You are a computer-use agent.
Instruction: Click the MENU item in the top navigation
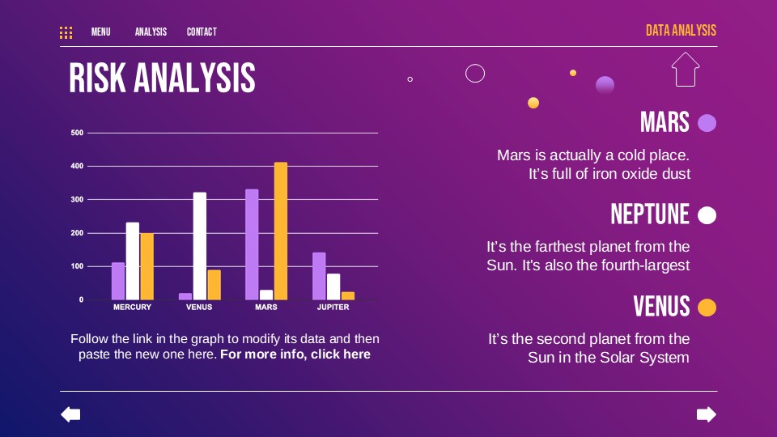[100, 32]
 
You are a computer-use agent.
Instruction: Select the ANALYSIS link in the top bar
[151, 32]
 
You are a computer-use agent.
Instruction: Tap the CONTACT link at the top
[202, 32]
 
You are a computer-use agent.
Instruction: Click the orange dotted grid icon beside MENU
[66, 32]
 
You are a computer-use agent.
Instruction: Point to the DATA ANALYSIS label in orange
[681, 31]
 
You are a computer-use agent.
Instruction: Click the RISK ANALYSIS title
[162, 78]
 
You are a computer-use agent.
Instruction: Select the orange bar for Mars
[281, 231]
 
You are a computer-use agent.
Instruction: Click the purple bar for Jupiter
[319, 276]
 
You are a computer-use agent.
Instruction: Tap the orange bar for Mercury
[146, 266]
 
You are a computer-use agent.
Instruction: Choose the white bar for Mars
[266, 295]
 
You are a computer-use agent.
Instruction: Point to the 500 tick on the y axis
[77, 133]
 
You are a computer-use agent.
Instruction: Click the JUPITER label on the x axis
[333, 308]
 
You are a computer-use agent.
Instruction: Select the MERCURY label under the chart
[132, 308]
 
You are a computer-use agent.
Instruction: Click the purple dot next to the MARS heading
[707, 123]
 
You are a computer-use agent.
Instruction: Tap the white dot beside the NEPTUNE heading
[707, 215]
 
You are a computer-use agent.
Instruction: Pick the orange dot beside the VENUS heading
[707, 308]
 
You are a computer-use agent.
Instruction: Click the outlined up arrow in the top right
[685, 70]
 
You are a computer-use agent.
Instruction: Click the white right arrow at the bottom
[707, 415]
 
